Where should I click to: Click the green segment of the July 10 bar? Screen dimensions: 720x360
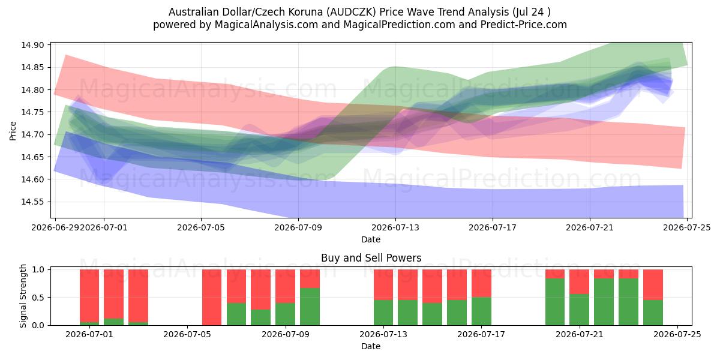[x=310, y=307]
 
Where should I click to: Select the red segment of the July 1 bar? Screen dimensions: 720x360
[x=89, y=296]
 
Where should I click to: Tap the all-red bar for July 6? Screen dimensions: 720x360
[x=212, y=298]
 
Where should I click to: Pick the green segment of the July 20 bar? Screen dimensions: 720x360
[x=555, y=302]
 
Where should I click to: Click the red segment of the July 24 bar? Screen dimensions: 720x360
[x=653, y=284]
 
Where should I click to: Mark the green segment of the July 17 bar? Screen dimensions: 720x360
[x=481, y=311]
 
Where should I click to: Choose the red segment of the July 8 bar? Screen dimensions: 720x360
[x=260, y=289]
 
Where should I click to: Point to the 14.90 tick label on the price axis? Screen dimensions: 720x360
[x=32, y=45]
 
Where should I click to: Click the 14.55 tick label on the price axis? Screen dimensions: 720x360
[x=32, y=202]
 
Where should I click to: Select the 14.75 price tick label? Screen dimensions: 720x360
[x=32, y=112]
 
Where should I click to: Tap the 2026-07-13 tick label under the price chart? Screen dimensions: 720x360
[x=395, y=227]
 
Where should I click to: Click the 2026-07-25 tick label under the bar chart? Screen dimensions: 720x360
[x=677, y=334]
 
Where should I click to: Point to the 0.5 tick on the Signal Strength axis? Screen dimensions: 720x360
[x=38, y=298]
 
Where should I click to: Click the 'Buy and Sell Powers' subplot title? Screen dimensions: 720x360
[x=371, y=258]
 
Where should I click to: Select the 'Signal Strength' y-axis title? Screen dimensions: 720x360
[x=23, y=296]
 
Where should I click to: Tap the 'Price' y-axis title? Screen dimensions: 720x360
[x=13, y=131]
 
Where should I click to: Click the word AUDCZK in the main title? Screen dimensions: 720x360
[x=352, y=12]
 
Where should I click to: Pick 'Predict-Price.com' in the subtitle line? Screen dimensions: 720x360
[x=524, y=25]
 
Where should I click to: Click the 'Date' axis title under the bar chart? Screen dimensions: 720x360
[x=371, y=346]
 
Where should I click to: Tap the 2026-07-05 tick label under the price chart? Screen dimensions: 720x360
[x=201, y=227]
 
